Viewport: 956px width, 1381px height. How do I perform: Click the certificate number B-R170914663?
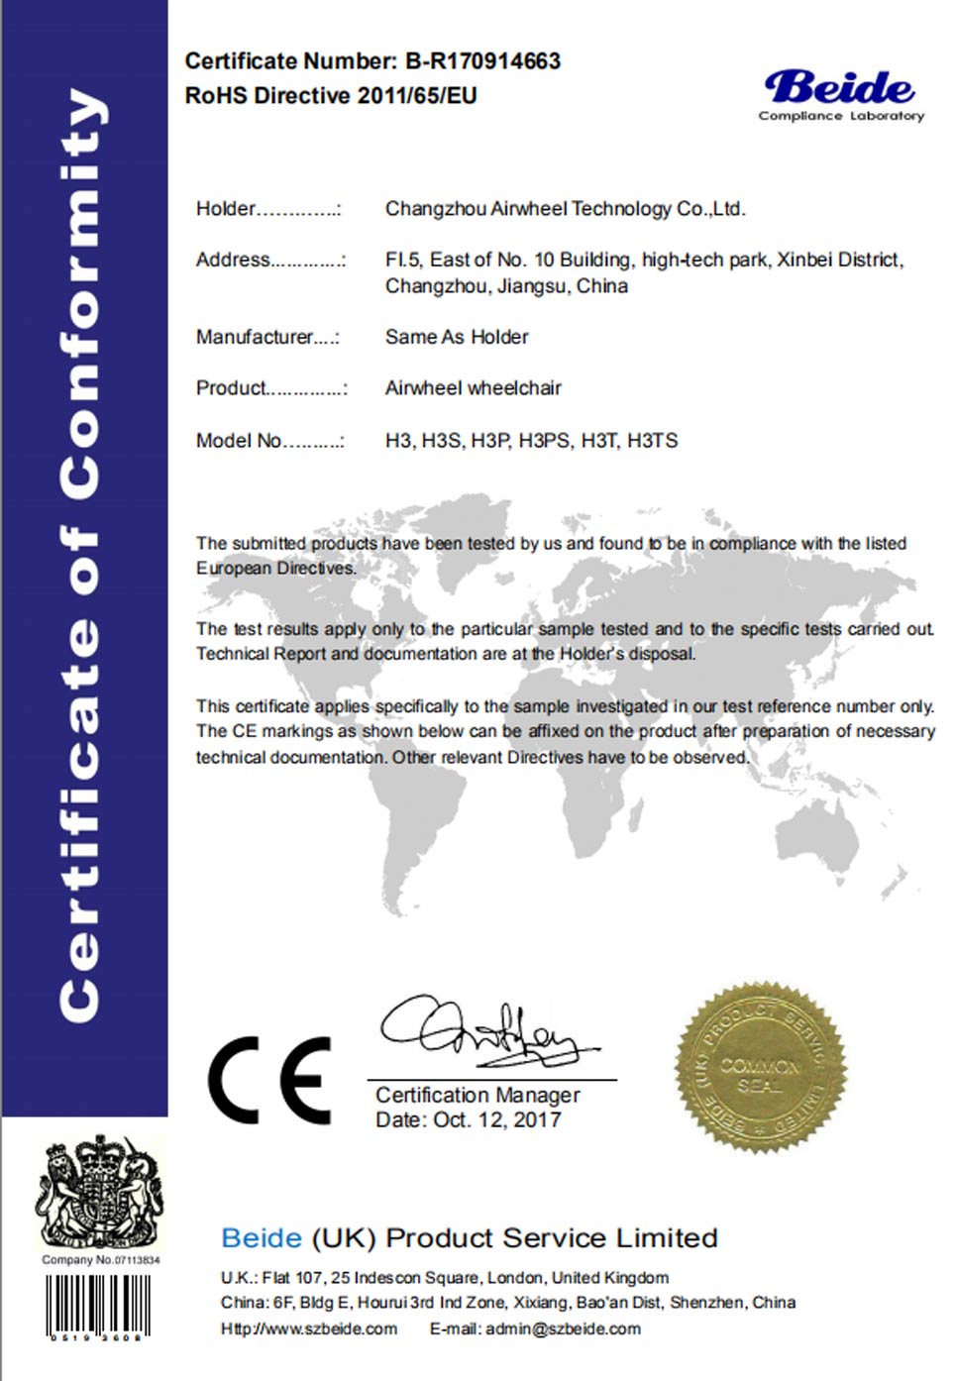[482, 61]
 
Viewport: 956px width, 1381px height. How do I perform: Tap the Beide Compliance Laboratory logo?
[841, 95]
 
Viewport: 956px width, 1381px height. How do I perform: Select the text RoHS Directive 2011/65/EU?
[331, 96]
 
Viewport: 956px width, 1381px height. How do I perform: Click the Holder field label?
[226, 209]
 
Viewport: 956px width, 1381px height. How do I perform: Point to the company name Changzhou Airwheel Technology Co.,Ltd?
[565, 209]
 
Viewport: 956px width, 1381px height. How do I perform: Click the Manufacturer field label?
[255, 337]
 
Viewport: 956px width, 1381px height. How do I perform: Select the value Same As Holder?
[457, 337]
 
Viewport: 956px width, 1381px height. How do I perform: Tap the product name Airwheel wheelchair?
[473, 388]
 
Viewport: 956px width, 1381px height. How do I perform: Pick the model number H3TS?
[653, 441]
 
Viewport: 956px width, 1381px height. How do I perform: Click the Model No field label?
[239, 441]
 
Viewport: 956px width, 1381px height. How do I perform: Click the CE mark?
[269, 1080]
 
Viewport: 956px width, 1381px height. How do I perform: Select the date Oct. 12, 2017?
[497, 1120]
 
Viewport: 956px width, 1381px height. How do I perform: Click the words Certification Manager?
[478, 1096]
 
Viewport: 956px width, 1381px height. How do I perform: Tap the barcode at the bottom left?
[97, 1307]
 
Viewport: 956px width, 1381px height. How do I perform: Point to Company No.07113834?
[100, 1260]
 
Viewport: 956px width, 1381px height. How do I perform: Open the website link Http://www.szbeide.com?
[309, 1329]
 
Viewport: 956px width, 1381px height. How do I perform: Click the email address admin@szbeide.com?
[563, 1329]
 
